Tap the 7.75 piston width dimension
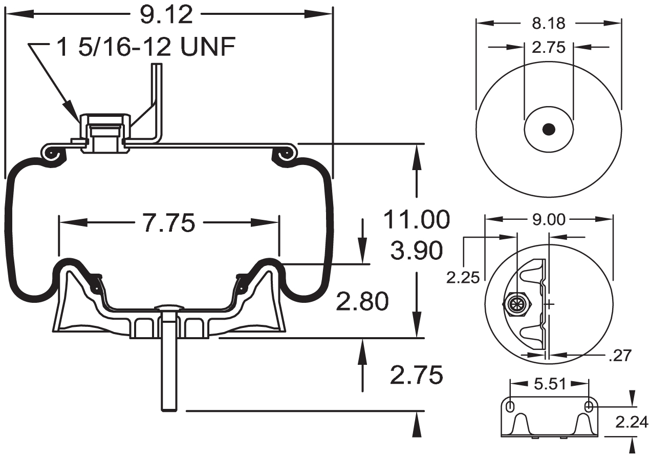click(x=168, y=223)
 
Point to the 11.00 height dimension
click(x=417, y=219)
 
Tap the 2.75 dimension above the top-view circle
click(x=548, y=47)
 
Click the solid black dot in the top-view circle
click(x=548, y=130)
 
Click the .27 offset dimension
click(x=619, y=355)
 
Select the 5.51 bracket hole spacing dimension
click(x=549, y=384)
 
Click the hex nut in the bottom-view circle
click(x=516, y=304)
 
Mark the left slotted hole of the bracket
click(x=510, y=406)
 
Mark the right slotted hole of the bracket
click(x=589, y=406)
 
